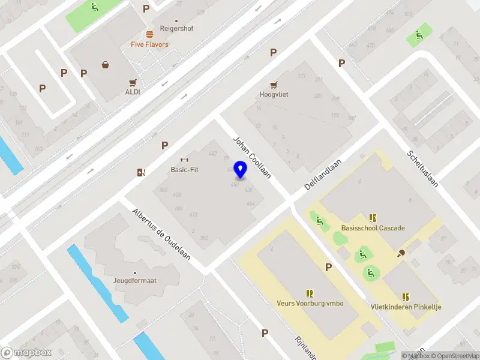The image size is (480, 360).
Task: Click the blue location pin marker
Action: pyautogui.click(x=241, y=170)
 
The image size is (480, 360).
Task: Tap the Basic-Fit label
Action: pyautogui.click(x=184, y=170)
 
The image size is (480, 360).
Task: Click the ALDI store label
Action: pyautogui.click(x=133, y=92)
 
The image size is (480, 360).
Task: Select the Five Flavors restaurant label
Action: pyautogui.click(x=149, y=44)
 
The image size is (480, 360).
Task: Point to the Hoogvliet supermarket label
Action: pyautogui.click(x=274, y=95)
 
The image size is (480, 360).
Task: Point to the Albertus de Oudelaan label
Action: pyautogui.click(x=161, y=235)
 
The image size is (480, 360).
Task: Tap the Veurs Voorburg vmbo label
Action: pyautogui.click(x=310, y=304)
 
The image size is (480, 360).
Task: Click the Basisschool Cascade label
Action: pyautogui.click(x=373, y=228)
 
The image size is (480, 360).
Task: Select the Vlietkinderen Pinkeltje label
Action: pyautogui.click(x=406, y=307)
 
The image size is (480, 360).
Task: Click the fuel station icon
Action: pyautogui.click(x=140, y=173)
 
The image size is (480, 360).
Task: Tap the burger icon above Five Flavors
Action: pyautogui.click(x=149, y=34)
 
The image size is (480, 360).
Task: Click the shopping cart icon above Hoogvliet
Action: pyautogui.click(x=274, y=85)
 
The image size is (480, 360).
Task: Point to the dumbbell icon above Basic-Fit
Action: pyautogui.click(x=184, y=160)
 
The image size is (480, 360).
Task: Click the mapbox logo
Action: pyautogui.click(x=26, y=352)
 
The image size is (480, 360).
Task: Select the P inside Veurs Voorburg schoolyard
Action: pyautogui.click(x=328, y=267)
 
